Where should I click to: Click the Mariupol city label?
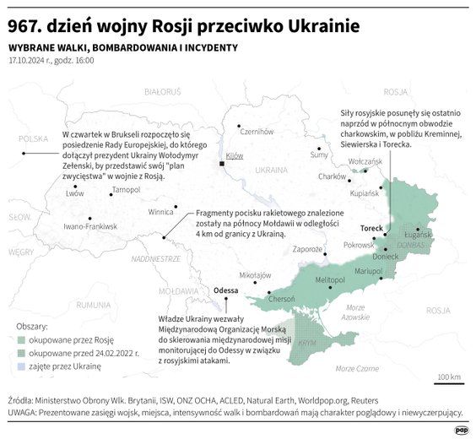pos(368,272)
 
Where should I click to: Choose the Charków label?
pos(332,176)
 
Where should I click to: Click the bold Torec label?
pos(371,229)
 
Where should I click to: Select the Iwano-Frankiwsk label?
pos(90,226)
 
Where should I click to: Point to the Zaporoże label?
pos(308,249)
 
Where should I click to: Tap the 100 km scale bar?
pos(447,382)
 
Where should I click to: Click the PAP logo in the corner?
pos(461,430)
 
